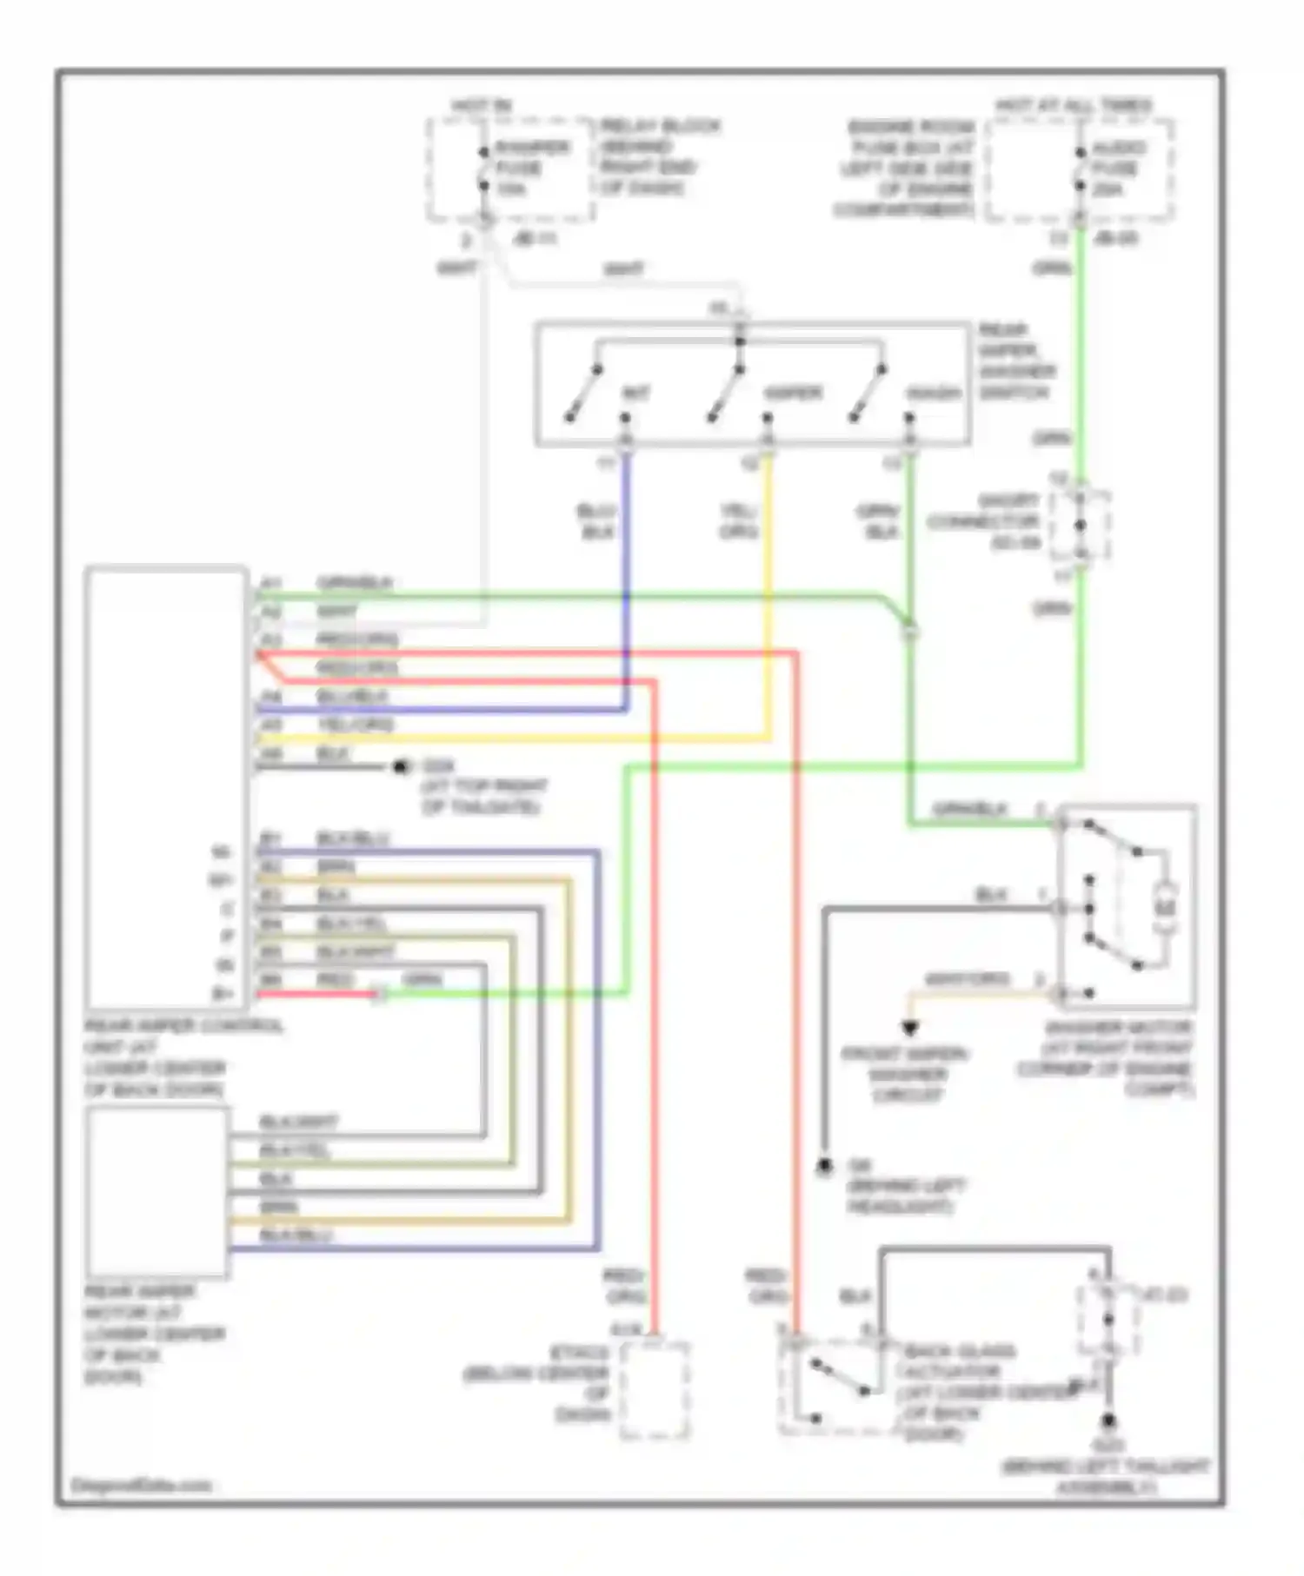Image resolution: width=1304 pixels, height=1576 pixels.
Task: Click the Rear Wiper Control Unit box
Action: [x=165, y=786]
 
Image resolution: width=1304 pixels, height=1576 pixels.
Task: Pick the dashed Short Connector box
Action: [x=1081, y=526]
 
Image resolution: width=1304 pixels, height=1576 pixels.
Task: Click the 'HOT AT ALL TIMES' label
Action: [x=1073, y=106]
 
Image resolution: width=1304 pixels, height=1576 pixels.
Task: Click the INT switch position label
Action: [x=635, y=394]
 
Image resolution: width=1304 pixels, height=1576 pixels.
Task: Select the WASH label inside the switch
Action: [x=935, y=394]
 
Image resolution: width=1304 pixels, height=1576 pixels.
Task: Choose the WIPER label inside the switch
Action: [x=792, y=394]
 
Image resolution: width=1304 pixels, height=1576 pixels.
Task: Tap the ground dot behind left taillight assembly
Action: [x=1108, y=1422]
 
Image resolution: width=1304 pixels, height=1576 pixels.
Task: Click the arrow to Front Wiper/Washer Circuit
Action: [x=909, y=1029]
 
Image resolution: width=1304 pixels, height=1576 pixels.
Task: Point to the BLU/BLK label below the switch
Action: [x=597, y=521]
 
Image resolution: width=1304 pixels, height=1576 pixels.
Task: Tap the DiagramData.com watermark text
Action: [x=141, y=1485]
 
